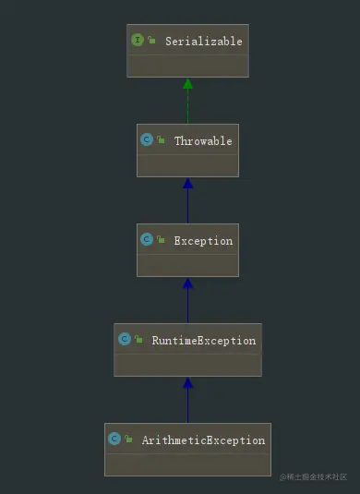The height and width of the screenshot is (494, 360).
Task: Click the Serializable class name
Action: click(204, 42)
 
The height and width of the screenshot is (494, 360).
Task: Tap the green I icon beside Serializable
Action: click(138, 40)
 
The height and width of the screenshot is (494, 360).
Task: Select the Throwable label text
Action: click(203, 141)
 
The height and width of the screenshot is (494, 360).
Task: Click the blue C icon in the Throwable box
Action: click(147, 139)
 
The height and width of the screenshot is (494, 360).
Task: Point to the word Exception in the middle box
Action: click(203, 241)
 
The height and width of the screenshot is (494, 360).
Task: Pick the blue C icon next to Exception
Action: click(147, 239)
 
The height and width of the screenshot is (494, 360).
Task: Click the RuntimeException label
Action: click(204, 341)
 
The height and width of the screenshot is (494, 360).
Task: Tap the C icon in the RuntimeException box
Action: click(125, 339)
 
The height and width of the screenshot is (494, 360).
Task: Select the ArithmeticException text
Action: click(203, 440)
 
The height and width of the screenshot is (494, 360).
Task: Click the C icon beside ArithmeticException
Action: click(114, 439)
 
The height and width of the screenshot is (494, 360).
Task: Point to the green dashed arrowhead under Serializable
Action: click(187, 83)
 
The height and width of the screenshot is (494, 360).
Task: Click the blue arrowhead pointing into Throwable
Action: click(187, 184)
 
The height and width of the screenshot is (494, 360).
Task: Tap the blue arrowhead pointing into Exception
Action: click(187, 283)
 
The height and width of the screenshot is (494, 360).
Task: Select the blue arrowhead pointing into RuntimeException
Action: click(187, 383)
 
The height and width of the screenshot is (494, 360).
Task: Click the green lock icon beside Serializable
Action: click(151, 40)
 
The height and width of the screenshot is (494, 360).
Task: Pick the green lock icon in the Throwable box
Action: click(161, 139)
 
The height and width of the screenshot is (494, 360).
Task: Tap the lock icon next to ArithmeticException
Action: click(128, 439)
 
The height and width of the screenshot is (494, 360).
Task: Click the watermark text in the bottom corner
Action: click(314, 477)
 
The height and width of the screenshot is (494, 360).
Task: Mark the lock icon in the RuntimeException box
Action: click(138, 339)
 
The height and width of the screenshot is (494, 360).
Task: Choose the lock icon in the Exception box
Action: click(161, 239)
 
